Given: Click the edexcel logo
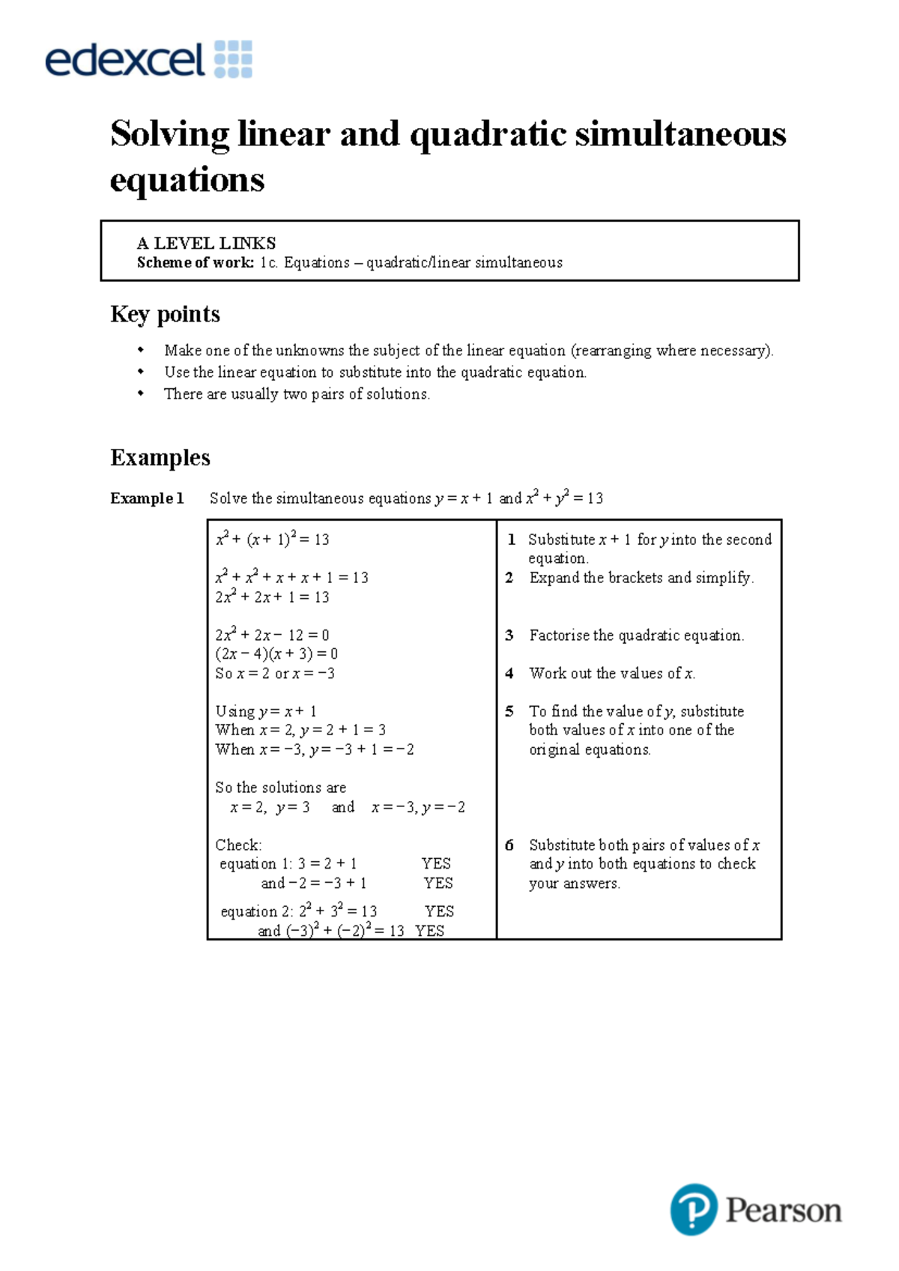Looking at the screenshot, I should tap(148, 60).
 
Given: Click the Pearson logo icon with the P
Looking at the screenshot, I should tap(693, 1209).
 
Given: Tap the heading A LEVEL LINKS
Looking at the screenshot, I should tap(206, 243).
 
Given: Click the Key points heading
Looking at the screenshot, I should tap(165, 313).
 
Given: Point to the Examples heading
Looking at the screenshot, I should tap(160, 457).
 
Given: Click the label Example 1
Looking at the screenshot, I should tap(147, 498).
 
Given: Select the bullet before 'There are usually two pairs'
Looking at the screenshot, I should tap(140, 393).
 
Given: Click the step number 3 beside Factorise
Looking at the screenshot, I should tap(509, 635).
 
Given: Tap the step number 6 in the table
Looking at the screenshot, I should tap(509, 845).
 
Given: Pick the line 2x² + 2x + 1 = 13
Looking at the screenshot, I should tap(272, 597).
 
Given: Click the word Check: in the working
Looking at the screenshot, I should tap(238, 845).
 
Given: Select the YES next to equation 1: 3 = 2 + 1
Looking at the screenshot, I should tap(436, 864).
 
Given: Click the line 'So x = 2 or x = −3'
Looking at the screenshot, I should tap(275, 673).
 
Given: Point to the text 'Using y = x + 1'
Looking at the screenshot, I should tap(266, 711).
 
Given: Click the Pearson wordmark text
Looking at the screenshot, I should tap(784, 1210).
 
